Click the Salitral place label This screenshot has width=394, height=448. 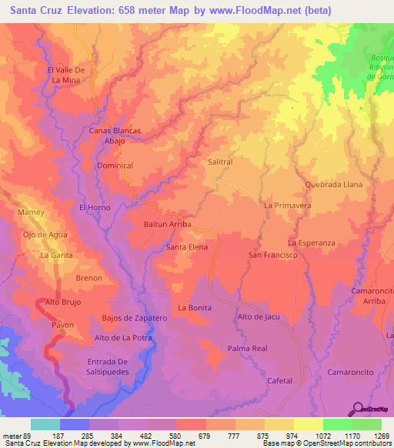click(220, 162)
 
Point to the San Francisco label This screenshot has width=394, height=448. click(272, 255)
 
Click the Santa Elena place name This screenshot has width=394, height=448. click(187, 247)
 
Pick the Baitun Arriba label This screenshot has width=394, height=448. click(167, 224)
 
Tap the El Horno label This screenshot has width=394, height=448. click(95, 208)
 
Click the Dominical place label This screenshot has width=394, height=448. click(115, 165)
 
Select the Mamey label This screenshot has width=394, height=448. click(30, 211)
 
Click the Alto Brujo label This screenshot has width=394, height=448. click(63, 303)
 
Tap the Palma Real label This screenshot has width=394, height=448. click(247, 349)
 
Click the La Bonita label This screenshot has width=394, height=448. click(195, 307)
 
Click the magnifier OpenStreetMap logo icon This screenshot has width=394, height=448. click(358, 409)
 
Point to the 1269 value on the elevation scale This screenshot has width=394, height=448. click(376, 436)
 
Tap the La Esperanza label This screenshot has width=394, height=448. click(312, 242)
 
